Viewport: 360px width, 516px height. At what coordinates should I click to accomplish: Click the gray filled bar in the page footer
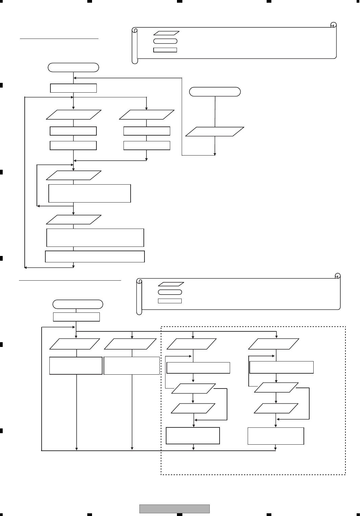(175, 509)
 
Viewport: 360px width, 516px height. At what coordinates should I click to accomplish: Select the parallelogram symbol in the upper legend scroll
(166, 33)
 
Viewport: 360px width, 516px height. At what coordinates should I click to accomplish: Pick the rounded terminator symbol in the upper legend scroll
(165, 41)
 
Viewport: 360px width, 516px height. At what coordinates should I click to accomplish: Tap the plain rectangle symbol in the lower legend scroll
(170, 301)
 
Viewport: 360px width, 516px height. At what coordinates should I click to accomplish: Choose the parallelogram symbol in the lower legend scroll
(171, 284)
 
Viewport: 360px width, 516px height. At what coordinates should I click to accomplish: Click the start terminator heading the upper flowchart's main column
(73, 67)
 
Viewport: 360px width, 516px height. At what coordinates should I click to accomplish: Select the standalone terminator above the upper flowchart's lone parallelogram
(215, 92)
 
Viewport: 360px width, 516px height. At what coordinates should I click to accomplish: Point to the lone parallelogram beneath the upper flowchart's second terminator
(215, 132)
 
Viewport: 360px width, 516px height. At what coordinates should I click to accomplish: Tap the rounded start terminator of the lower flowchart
(78, 304)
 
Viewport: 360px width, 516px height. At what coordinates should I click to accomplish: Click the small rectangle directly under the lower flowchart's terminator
(76, 317)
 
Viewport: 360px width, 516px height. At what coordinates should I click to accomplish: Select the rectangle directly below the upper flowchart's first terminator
(73, 88)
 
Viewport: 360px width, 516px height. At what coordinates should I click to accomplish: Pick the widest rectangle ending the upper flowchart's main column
(95, 257)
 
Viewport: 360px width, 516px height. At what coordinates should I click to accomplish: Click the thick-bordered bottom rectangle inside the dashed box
(193, 436)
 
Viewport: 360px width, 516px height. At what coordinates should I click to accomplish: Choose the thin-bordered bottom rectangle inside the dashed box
(276, 436)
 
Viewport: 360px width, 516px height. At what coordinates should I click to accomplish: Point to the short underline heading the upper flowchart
(59, 39)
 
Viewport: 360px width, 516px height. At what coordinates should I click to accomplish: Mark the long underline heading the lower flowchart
(70, 280)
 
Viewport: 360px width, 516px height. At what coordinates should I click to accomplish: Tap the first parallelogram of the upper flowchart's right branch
(147, 115)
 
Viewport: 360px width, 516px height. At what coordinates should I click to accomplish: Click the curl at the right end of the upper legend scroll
(333, 25)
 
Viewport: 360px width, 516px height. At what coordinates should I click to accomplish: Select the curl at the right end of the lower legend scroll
(337, 276)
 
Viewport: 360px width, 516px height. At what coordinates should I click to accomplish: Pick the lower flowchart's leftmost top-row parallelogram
(75, 344)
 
